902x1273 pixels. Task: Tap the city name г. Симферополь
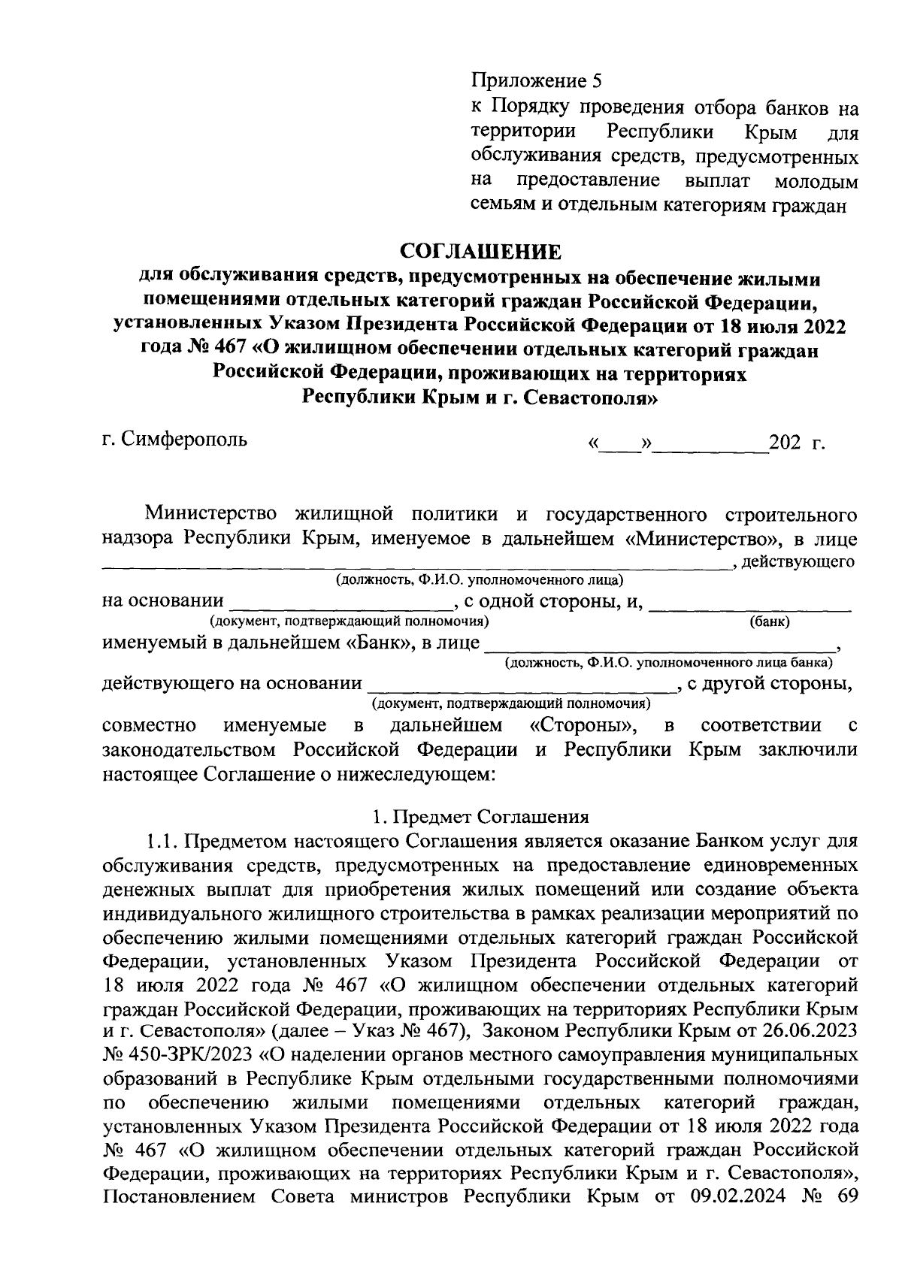pos(174,438)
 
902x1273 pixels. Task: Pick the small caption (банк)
pos(769,621)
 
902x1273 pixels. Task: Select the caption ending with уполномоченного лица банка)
pos(668,663)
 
